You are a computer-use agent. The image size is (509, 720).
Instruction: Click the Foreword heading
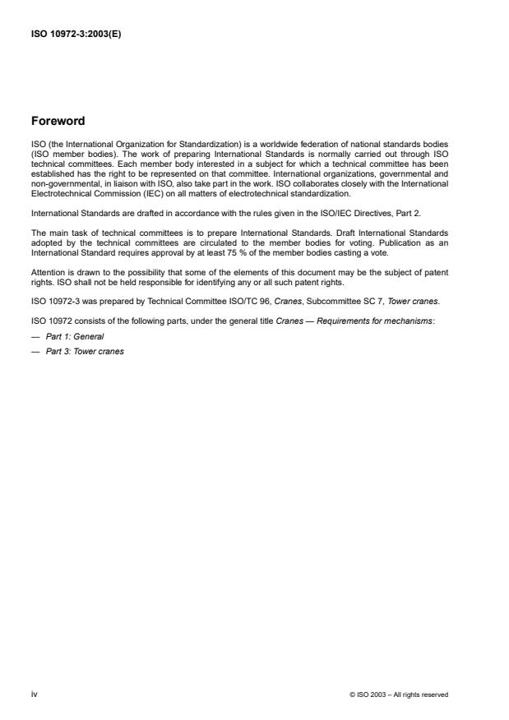(x=58, y=121)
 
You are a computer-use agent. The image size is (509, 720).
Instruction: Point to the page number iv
(x=34, y=695)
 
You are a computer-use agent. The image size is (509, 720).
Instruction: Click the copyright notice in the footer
(x=399, y=695)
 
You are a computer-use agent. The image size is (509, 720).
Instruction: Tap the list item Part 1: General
(x=75, y=337)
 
